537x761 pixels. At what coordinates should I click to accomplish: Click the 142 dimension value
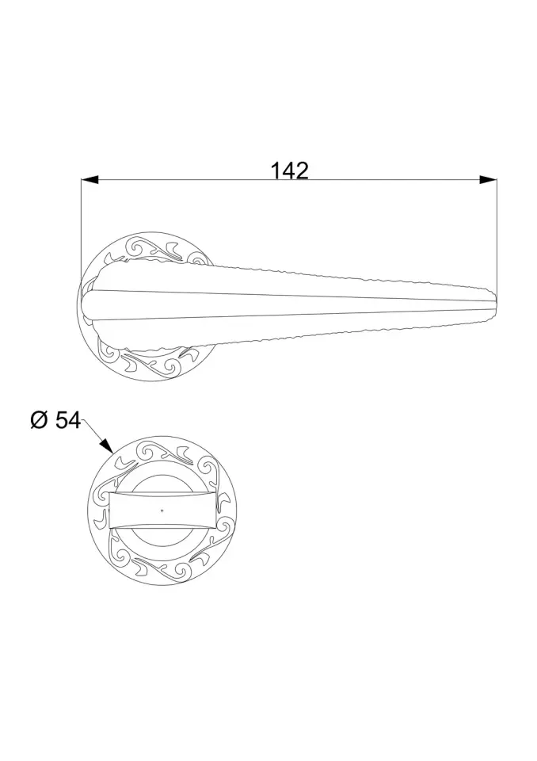click(x=289, y=171)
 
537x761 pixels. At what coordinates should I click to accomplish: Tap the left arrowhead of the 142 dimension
click(x=90, y=180)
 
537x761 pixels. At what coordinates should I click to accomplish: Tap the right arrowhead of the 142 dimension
click(x=488, y=180)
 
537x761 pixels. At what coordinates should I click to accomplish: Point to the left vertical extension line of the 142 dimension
click(x=81, y=228)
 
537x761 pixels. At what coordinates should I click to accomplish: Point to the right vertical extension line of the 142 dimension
click(x=497, y=236)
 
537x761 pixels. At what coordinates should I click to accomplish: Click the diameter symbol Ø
click(x=40, y=420)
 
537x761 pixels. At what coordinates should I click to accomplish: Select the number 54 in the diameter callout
click(x=68, y=420)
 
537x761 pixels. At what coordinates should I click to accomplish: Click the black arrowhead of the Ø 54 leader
click(x=106, y=445)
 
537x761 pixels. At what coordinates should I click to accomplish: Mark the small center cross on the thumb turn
click(x=162, y=510)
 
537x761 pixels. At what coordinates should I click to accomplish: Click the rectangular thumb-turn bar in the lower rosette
click(x=162, y=510)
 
